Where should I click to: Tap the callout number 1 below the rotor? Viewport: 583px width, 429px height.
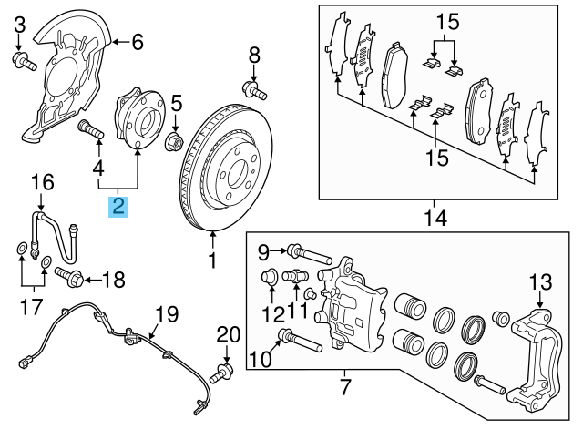[212, 262]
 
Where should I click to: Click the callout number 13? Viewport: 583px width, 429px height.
[540, 281]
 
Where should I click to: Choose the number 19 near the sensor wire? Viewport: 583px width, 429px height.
[164, 316]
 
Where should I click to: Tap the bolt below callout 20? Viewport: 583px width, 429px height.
[223, 372]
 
